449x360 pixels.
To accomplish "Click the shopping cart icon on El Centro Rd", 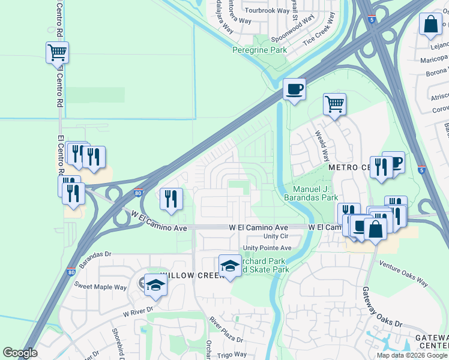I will coord(57,53).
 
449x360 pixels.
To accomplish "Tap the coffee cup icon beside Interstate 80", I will coord(294,89).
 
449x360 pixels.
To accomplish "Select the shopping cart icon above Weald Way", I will coord(334,104).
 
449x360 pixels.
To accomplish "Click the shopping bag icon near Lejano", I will coord(430,25).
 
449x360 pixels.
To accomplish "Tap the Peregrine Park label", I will coord(259,50).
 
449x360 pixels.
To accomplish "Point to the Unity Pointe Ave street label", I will coord(267,248).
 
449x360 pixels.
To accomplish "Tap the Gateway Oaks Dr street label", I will coord(382,306).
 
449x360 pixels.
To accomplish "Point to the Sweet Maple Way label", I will coord(100,287).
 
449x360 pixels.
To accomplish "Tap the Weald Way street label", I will coord(322,145).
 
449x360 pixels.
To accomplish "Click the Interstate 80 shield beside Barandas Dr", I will coord(70,271).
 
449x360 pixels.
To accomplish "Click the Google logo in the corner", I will coord(20,353).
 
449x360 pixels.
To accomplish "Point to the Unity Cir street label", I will coord(284,236).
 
